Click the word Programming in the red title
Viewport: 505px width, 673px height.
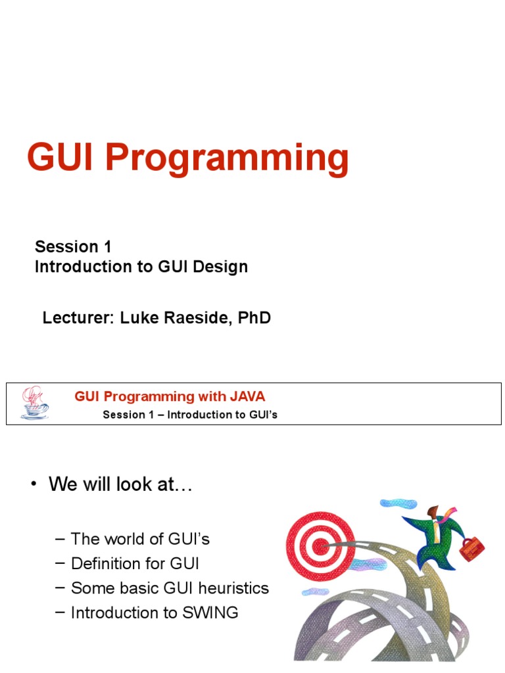pyautogui.click(x=226, y=160)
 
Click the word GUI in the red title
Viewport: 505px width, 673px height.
pyautogui.click(x=61, y=158)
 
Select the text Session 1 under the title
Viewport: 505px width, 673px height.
pyautogui.click(x=73, y=246)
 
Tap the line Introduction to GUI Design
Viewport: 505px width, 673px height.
pyautogui.click(x=141, y=267)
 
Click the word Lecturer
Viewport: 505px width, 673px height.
pyautogui.click(x=78, y=318)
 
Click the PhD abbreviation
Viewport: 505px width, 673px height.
pyautogui.click(x=253, y=318)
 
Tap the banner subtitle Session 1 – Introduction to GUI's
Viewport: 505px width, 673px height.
pyautogui.click(x=190, y=415)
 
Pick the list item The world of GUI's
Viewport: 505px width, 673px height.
pyautogui.click(x=139, y=539)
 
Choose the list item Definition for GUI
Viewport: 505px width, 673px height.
pyautogui.click(x=135, y=563)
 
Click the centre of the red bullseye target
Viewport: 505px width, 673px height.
pyautogui.click(x=320, y=544)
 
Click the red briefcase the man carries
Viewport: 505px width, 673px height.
pyautogui.click(x=471, y=549)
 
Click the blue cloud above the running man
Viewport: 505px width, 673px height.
pyautogui.click(x=398, y=503)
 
